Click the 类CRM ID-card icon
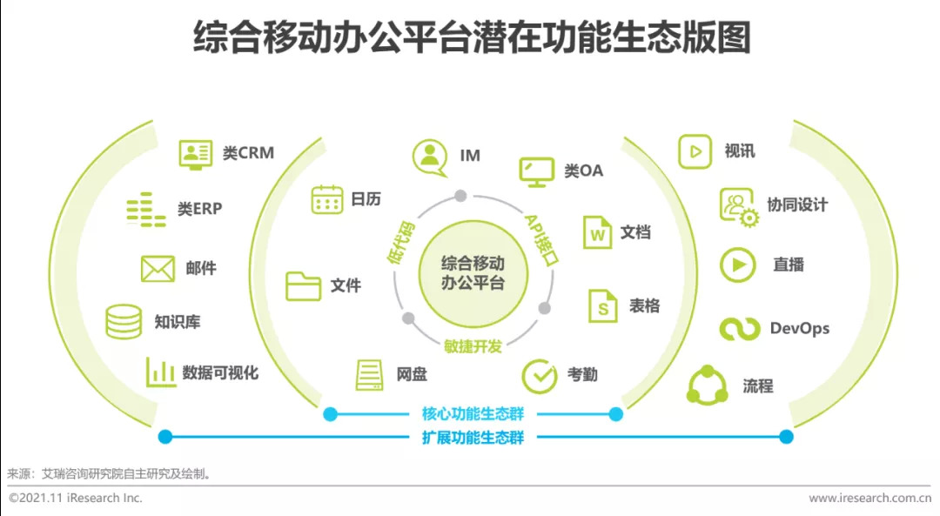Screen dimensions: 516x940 196,153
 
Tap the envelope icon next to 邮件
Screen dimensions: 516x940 158,269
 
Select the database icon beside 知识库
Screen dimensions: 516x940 124,322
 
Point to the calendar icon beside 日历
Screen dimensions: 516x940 327,199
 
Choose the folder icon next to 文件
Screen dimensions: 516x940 304,285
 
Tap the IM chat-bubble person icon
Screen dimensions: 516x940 429,156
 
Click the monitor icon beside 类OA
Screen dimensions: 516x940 536,171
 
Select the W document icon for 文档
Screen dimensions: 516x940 598,232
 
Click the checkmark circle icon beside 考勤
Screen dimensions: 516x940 540,376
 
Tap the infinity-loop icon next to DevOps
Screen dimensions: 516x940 740,329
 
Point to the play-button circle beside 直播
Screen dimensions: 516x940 738,265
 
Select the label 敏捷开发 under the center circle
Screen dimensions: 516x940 473,346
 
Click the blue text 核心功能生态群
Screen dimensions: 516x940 473,414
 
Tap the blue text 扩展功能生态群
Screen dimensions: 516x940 473,437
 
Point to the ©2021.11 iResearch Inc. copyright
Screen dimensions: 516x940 76,499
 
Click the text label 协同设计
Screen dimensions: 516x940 797,205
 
